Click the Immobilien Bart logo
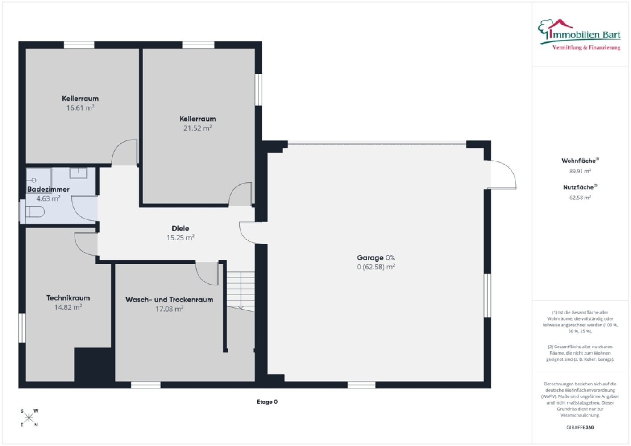coord(579,35)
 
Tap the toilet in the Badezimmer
coord(35,212)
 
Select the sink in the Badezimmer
coord(78,173)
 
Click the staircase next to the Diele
coord(241,291)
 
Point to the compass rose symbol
coord(29,418)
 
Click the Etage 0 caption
coord(267,402)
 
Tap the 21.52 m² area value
coord(198,128)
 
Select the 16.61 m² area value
coord(80,108)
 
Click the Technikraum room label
coord(68,298)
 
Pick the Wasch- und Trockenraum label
coord(169,300)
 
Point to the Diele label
coord(180,228)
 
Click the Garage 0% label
coord(376,258)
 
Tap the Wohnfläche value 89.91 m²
coord(580,171)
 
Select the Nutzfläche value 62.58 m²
coord(580,198)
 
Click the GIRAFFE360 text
coord(580,427)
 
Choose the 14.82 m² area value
coord(68,307)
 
